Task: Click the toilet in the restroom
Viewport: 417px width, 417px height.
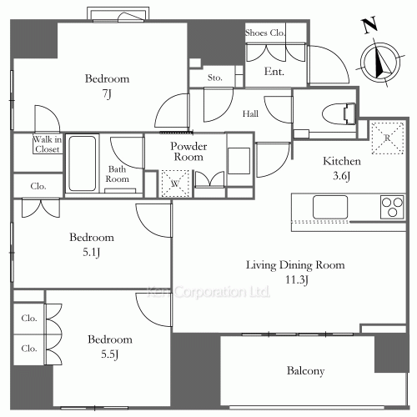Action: [339, 113]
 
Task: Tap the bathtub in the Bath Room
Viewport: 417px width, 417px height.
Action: [83, 163]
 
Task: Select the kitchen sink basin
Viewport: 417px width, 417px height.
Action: [330, 207]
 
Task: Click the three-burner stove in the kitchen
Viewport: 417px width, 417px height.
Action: [392, 207]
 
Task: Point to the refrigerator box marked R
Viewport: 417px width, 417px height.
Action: [388, 138]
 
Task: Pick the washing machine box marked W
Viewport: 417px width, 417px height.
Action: [175, 183]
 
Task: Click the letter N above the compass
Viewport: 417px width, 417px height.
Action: [370, 25]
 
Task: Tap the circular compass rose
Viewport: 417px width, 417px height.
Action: [380, 63]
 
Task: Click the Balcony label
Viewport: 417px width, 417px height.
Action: [305, 371]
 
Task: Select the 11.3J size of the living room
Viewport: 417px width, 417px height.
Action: [297, 279]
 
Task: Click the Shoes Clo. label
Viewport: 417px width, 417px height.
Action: [265, 33]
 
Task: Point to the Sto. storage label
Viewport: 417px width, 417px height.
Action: [215, 78]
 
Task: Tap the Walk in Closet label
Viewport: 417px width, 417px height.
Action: [48, 144]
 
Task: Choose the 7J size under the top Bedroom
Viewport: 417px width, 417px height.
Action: [107, 94]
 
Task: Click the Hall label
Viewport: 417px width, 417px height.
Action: [250, 113]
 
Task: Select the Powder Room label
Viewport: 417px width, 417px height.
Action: [188, 152]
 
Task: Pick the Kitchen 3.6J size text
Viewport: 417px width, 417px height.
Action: [342, 176]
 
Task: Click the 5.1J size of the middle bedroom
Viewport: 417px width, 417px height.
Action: [92, 253]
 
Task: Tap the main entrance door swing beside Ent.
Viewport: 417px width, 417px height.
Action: [328, 64]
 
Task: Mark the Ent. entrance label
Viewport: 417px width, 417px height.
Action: [274, 72]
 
